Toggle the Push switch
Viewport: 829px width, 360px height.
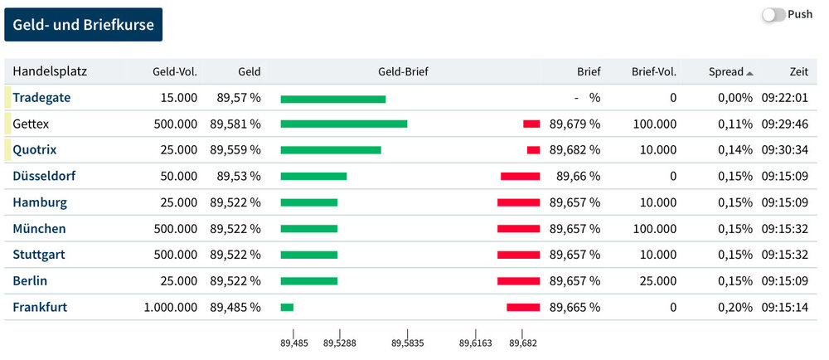click(773, 15)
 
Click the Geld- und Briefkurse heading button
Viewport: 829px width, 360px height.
click(84, 25)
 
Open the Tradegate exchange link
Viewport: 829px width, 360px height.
click(41, 97)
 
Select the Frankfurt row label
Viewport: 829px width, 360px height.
click(40, 307)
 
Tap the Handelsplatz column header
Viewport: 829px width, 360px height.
click(50, 71)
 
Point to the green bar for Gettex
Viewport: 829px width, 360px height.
click(343, 124)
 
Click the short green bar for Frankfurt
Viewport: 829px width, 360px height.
click(287, 308)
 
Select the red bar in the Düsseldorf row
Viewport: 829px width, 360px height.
click(520, 176)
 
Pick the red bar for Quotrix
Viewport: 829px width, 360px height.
click(533, 150)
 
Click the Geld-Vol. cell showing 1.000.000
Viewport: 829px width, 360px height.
click(171, 307)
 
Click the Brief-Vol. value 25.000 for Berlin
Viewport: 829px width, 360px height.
click(658, 281)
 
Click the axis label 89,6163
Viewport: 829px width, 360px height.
click(475, 342)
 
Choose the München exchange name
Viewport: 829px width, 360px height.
click(39, 228)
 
